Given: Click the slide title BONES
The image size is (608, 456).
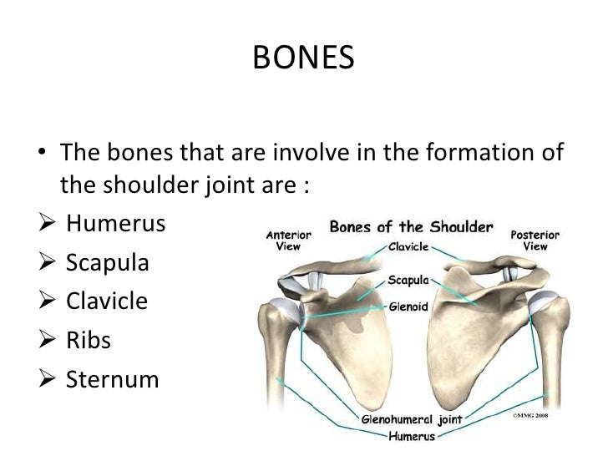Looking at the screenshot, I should [303, 59].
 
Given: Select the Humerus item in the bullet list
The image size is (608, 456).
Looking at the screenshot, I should [115, 225].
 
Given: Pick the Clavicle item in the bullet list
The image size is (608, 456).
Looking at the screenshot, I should [107, 301].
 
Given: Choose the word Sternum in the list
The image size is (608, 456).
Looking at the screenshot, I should [112, 379].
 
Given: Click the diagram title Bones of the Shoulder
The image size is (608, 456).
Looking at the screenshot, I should [412, 227].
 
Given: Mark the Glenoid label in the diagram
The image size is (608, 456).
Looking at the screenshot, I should [408, 307].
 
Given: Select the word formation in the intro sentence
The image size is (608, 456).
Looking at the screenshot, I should [484, 154].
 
